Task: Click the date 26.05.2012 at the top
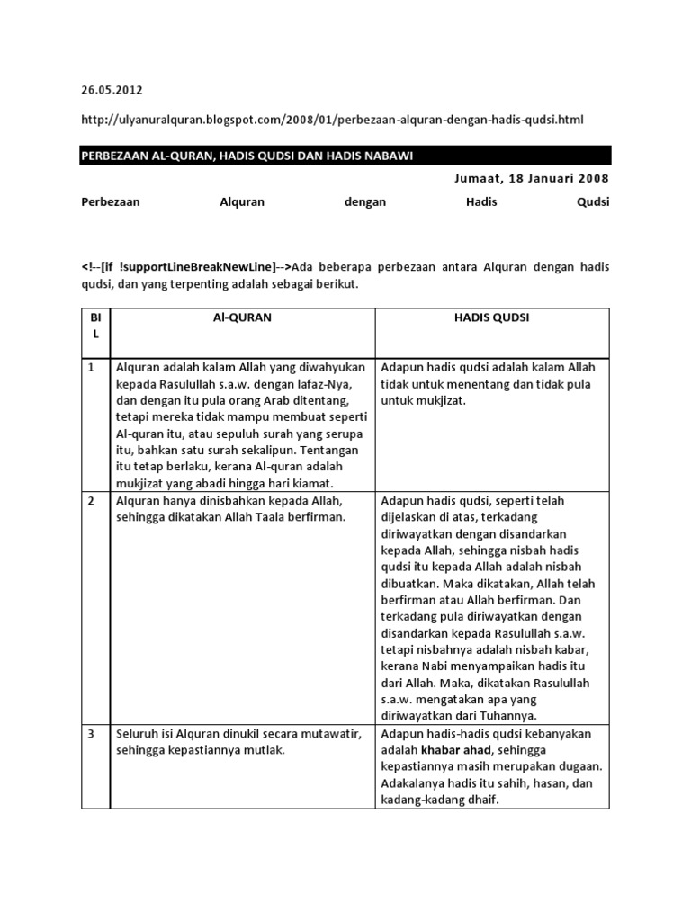click(112, 90)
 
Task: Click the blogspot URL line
click(337, 120)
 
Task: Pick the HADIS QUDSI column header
click(492, 317)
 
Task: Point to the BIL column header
click(94, 326)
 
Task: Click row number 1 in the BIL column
click(91, 367)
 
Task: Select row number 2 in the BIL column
click(91, 500)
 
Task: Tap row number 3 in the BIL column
click(91, 734)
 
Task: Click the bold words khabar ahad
click(453, 750)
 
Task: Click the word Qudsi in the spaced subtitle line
click(592, 202)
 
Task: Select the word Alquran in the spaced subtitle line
click(242, 202)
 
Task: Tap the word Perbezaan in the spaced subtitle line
click(111, 202)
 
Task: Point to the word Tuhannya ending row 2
click(511, 716)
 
